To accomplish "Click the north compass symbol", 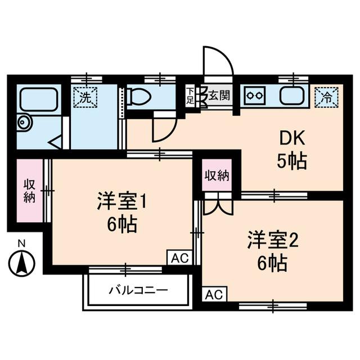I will pos(22,262).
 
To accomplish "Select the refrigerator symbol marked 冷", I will pos(326,96).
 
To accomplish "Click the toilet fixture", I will pos(139,98).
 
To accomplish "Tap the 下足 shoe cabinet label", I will pos(190,96).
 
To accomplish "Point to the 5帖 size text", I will pos(291,163).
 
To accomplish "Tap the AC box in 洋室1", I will pos(179,258).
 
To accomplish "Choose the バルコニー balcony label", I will pos(138,291).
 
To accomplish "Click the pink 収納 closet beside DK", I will pos(217,175).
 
